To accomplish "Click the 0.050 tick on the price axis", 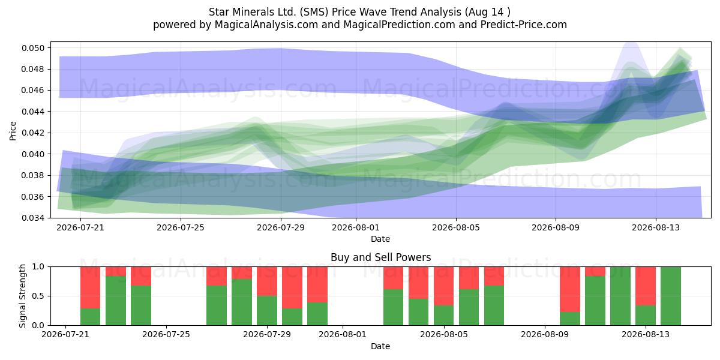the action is pyautogui.click(x=33, y=48).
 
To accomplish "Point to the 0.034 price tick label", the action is pyautogui.click(x=33, y=218).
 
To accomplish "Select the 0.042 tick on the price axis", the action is pyautogui.click(x=33, y=133).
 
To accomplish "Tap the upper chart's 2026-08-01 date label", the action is pyautogui.click(x=356, y=227).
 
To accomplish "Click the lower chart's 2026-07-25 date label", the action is pyautogui.click(x=166, y=334).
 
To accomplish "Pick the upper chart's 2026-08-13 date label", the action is pyautogui.click(x=656, y=227).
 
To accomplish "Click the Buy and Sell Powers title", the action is pyautogui.click(x=380, y=257).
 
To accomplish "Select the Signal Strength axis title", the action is pyautogui.click(x=22, y=296).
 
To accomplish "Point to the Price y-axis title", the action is pyautogui.click(x=13, y=131).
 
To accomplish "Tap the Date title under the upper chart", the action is pyautogui.click(x=380, y=239).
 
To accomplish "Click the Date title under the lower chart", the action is pyautogui.click(x=380, y=346).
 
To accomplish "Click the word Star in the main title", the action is pyautogui.click(x=219, y=12).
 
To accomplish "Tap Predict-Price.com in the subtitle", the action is pyautogui.click(x=524, y=25).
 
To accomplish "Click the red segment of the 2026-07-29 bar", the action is pyautogui.click(x=267, y=281).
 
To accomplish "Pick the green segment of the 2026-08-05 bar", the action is pyautogui.click(x=444, y=316).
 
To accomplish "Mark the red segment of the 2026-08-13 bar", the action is pyautogui.click(x=646, y=286).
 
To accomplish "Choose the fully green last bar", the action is pyautogui.click(x=671, y=296).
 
